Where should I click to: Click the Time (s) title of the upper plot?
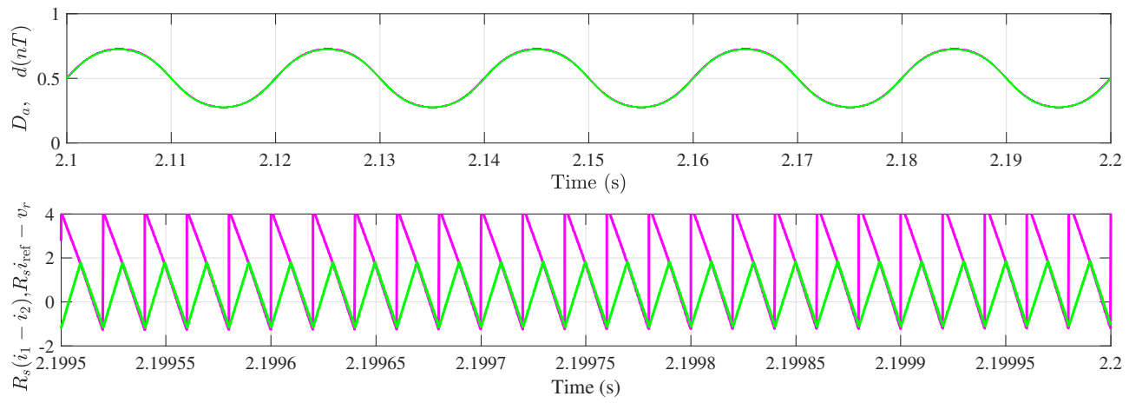(x=588, y=182)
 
